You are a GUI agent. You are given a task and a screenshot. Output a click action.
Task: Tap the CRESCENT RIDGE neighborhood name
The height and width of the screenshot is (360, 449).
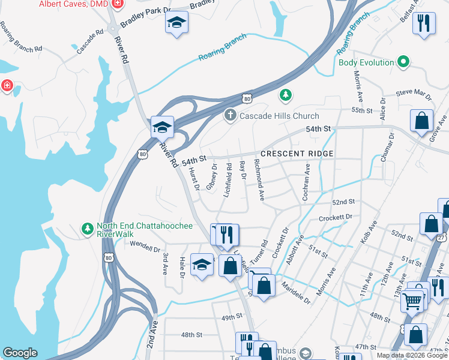tap(297, 154)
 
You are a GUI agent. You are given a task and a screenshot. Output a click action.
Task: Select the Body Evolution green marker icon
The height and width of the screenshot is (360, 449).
tap(404, 62)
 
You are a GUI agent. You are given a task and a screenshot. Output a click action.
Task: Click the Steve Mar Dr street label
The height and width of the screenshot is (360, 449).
tap(414, 95)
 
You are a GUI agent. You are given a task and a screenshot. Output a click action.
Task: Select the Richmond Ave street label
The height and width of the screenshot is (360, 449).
tap(259, 179)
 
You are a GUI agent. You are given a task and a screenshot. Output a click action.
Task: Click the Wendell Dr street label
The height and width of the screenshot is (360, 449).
tap(145, 247)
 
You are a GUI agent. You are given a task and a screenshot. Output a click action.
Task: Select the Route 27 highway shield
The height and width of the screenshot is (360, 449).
tap(443, 238)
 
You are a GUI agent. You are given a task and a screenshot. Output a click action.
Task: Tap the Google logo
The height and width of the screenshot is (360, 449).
tap(20, 353)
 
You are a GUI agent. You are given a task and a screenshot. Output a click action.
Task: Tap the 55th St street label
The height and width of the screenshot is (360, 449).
tap(363, 110)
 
